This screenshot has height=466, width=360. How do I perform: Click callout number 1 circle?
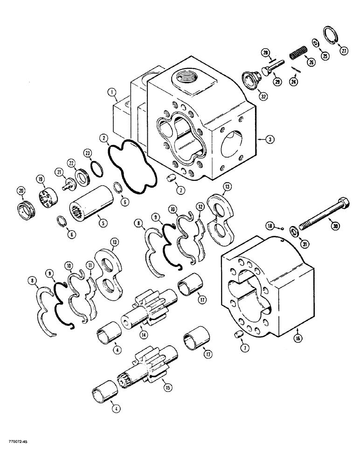click(x=113, y=92)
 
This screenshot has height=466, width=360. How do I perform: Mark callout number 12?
click(x=200, y=206)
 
